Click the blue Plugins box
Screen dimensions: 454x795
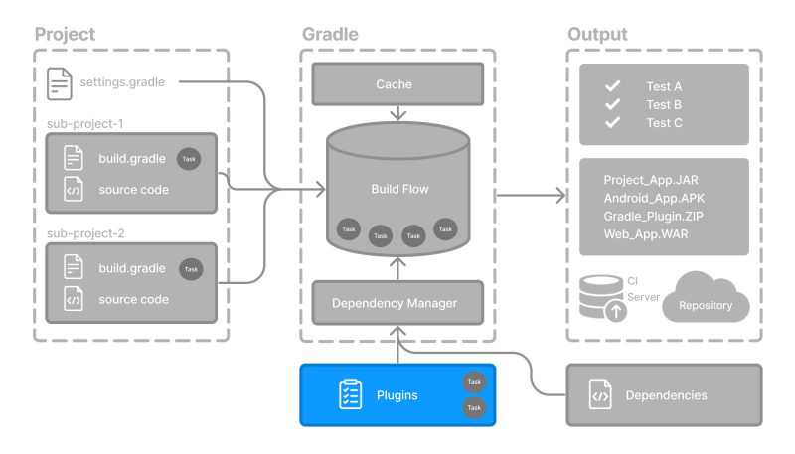(397, 395)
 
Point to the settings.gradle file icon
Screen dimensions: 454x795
(60, 82)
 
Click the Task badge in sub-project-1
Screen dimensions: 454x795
(189, 159)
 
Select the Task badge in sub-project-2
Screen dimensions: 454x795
(191, 269)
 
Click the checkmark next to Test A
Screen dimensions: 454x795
(613, 86)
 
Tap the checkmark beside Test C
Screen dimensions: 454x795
(613, 122)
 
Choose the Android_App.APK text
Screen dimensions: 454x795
(654, 198)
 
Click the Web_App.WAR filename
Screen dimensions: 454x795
(646, 233)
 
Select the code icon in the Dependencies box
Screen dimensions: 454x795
(600, 395)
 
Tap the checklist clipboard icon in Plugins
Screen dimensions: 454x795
(349, 395)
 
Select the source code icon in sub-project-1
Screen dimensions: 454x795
(74, 189)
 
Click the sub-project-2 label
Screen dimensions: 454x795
(84, 235)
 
